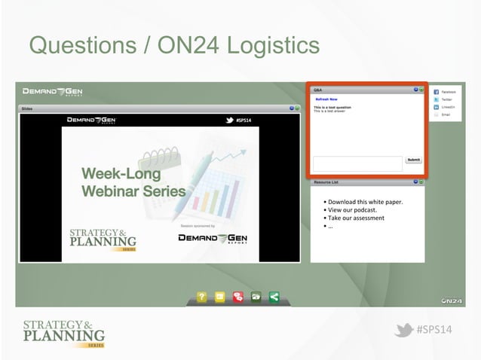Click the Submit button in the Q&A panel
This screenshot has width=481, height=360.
(414, 160)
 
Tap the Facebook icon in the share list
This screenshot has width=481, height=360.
(437, 91)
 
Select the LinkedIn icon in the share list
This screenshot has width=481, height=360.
(437, 107)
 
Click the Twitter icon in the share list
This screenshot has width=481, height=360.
(437, 99)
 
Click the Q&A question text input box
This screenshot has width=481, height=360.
(357, 163)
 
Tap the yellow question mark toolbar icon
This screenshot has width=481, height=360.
(201, 297)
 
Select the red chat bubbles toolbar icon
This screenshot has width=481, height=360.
(237, 297)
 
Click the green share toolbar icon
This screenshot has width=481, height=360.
(274, 297)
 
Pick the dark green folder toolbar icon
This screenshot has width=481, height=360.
(256, 297)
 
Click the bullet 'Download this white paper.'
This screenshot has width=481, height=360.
(365, 202)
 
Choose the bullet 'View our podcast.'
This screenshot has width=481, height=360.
(351, 210)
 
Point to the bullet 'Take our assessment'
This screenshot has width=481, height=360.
(355, 218)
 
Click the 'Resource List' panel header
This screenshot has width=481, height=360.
(326, 182)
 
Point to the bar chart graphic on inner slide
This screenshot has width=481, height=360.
(222, 188)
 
